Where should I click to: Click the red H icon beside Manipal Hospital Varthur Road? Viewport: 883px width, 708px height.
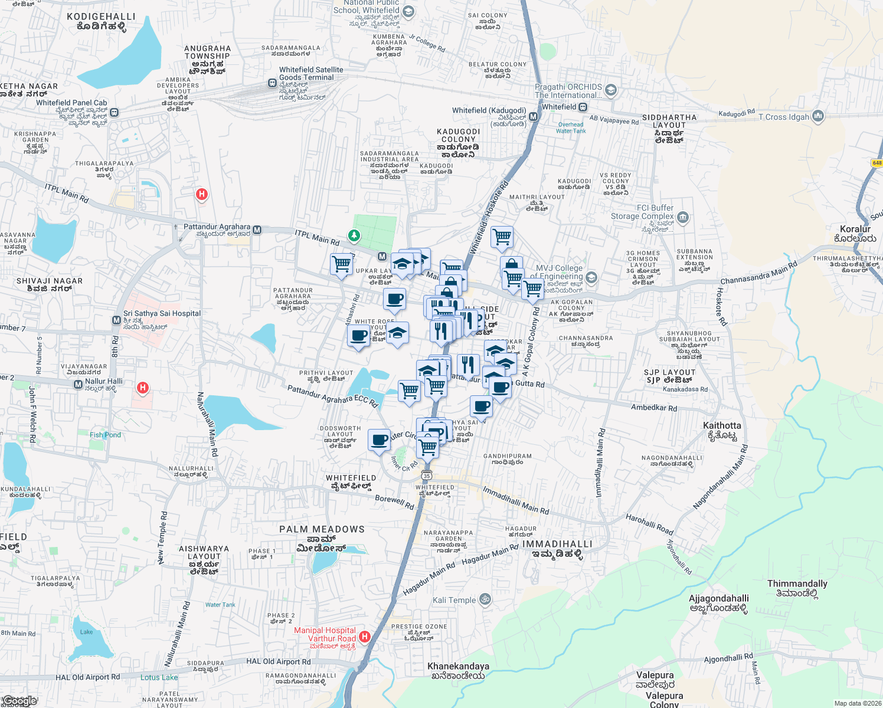point(365,637)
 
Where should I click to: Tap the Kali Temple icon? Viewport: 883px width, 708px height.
point(485,600)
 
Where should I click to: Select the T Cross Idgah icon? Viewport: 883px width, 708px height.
point(817,116)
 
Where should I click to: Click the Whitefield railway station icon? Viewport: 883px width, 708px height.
point(583,107)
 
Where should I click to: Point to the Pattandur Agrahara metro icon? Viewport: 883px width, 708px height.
point(257,230)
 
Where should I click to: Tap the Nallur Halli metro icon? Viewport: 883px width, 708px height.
point(78,385)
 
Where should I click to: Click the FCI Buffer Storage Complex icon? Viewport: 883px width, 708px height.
point(683,217)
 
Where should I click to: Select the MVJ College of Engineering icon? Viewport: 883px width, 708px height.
point(591,277)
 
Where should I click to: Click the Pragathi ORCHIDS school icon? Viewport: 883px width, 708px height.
point(611,90)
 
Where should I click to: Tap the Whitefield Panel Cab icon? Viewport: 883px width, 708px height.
point(114,112)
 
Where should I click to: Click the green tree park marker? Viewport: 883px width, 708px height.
point(354,236)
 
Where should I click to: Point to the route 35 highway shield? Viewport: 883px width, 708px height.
point(427,475)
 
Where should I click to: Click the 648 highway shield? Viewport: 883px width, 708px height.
point(877,163)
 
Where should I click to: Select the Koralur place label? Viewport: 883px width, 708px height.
point(855,229)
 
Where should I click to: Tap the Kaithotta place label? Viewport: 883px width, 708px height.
point(721,425)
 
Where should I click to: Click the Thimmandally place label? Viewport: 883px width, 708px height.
point(797,584)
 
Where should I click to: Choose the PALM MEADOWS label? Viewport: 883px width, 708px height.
point(322,529)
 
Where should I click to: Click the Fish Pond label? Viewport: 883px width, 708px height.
point(105,435)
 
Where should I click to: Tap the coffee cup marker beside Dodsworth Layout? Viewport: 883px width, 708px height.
point(380,440)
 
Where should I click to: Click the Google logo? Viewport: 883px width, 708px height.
point(19,701)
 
